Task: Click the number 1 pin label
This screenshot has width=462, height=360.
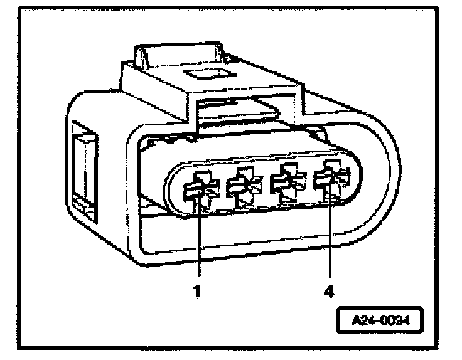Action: pyautogui.click(x=197, y=291)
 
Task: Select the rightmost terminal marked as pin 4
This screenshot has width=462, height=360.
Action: pyautogui.click(x=330, y=182)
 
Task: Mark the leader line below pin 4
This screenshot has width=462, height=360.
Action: pyautogui.click(x=330, y=238)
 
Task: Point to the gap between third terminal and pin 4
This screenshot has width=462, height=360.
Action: pyautogui.click(x=308, y=183)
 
